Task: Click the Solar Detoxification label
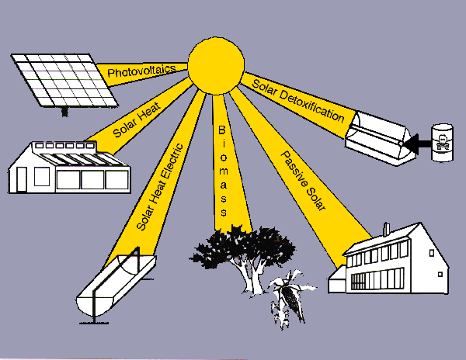[x=299, y=100]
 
